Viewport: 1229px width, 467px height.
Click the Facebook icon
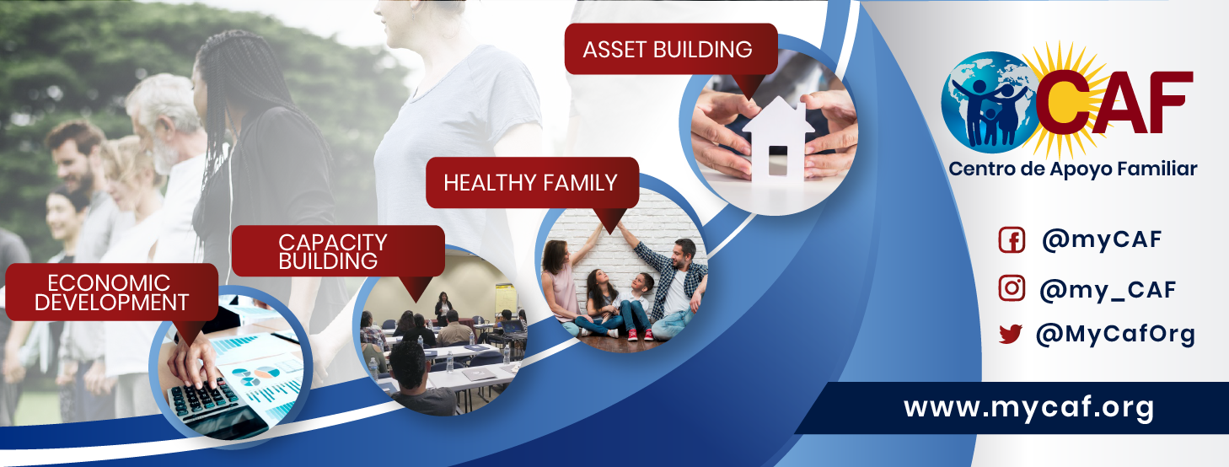[1012, 239]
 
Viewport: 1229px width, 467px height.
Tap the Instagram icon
[1012, 288]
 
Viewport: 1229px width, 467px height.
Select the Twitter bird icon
[1011, 334]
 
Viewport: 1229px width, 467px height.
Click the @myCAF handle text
[1102, 239]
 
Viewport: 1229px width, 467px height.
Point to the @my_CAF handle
[1108, 290]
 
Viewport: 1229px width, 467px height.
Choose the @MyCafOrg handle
[1115, 334]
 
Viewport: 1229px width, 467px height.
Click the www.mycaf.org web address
[1028, 408]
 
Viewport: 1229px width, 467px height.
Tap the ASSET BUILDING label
[667, 50]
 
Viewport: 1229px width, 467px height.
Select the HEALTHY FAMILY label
[530, 183]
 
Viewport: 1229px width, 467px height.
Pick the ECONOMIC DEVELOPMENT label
[111, 293]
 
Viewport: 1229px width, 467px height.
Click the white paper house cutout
[778, 139]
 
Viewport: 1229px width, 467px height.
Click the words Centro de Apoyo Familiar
[1072, 169]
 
